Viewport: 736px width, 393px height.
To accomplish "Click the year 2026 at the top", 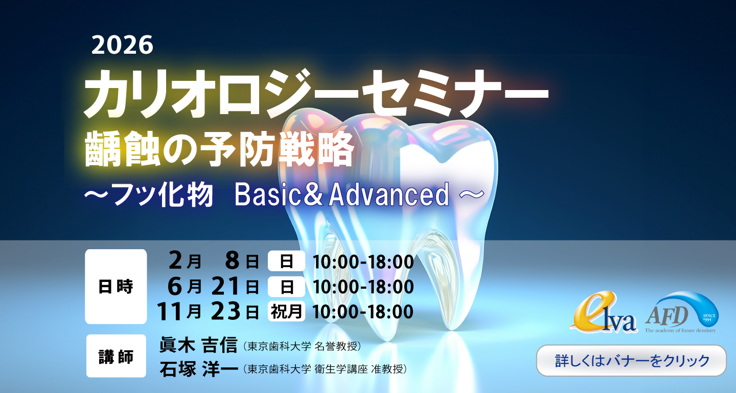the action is tap(122, 46).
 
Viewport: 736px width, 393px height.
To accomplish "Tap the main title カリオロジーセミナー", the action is tap(316, 94).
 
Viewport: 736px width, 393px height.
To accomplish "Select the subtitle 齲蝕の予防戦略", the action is tap(219, 148).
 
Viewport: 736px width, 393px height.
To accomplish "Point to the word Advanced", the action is tap(389, 194).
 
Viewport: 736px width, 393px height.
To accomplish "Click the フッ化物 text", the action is tap(163, 195).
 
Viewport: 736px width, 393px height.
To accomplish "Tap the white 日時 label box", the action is tap(116, 287).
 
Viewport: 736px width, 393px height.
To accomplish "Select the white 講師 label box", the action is tap(116, 356).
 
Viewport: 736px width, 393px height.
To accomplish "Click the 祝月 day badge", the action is tap(286, 311).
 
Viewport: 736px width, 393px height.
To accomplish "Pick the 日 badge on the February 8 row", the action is tap(286, 261).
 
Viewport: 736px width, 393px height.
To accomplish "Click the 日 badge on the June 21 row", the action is tap(286, 287).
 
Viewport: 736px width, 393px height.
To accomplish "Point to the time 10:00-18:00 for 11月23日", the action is tap(363, 312).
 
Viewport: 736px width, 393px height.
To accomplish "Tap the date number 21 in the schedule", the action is tap(225, 286).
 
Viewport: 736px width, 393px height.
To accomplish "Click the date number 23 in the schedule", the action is tap(225, 311).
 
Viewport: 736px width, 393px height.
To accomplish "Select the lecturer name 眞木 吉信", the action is tap(198, 345).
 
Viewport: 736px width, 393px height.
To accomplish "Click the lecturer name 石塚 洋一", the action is tap(198, 368).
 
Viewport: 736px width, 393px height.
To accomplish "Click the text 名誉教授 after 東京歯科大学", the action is tap(335, 346).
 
